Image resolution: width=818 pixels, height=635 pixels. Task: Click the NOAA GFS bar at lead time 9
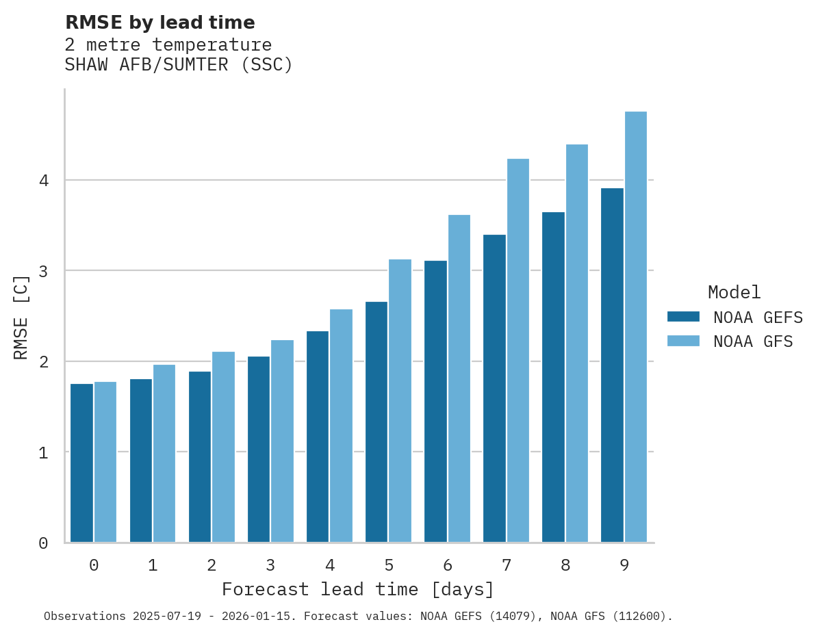tap(636, 327)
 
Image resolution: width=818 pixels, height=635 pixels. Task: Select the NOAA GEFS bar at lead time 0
tap(82, 463)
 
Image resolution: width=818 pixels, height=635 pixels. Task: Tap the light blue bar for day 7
tap(518, 350)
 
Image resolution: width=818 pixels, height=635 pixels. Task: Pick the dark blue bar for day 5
tap(376, 422)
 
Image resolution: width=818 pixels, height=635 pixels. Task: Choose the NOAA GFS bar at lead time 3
tap(283, 441)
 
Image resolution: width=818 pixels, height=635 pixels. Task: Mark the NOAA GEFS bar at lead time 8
tap(553, 377)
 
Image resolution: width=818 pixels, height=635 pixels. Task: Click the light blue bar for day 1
tap(164, 454)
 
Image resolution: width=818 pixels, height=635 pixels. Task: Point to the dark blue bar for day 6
tap(435, 402)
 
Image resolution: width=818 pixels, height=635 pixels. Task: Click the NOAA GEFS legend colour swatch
tap(683, 317)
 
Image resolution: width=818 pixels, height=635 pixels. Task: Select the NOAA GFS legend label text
tap(753, 341)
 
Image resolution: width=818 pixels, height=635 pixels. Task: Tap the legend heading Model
tap(734, 293)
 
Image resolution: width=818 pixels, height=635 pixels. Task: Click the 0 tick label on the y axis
tap(44, 543)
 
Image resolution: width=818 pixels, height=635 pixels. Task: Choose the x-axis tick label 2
tap(212, 566)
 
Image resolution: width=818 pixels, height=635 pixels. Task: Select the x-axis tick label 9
tap(624, 566)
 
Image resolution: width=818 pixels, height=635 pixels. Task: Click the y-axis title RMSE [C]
tap(21, 317)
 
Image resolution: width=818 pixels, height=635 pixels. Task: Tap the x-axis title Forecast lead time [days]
tap(357, 589)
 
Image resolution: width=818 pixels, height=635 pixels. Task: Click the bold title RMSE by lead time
tap(159, 23)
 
